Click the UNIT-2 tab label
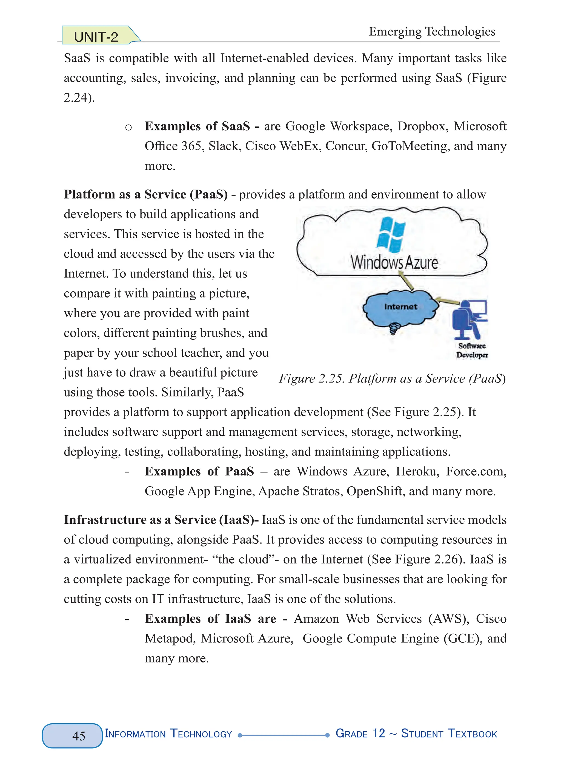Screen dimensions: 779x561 (96, 37)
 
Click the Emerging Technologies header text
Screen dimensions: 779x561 (432, 32)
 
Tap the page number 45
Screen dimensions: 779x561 (79, 736)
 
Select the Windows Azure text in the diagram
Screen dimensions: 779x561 (394, 263)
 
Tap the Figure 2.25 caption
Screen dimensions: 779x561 (392, 378)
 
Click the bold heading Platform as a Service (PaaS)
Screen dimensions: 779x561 (146, 194)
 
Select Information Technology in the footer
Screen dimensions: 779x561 (168, 734)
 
